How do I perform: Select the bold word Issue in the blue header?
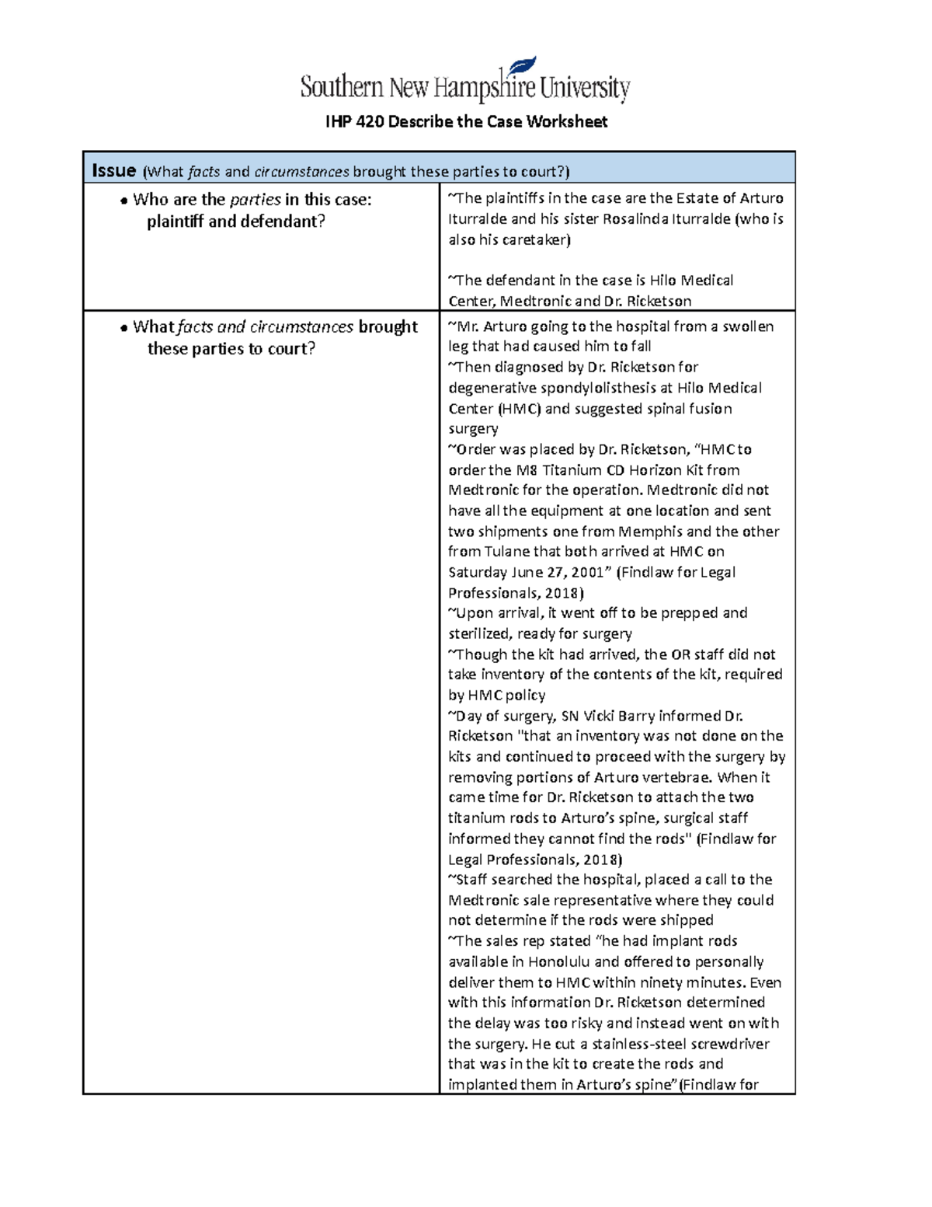114,171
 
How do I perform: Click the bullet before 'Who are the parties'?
123,201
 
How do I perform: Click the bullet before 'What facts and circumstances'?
123,328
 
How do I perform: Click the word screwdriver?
730,1044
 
